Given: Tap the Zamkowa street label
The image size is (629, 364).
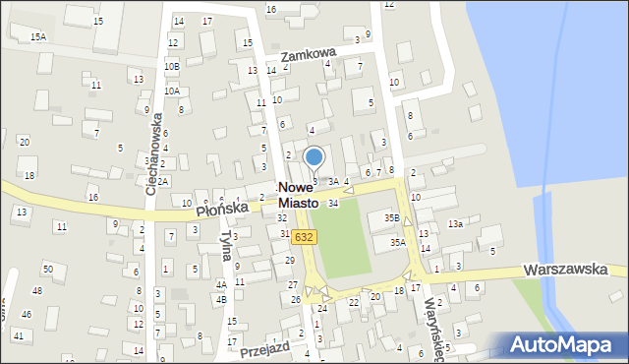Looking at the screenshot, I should (x=308, y=56).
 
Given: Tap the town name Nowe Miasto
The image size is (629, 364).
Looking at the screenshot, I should (x=298, y=194).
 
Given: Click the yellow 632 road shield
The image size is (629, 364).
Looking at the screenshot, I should (x=304, y=236).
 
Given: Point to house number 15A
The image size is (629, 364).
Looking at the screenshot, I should (x=37, y=36).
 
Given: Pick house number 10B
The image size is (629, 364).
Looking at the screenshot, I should (x=171, y=66).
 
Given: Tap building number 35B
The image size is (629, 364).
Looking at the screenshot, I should (x=391, y=217).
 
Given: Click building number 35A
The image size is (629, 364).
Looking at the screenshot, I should (x=397, y=241).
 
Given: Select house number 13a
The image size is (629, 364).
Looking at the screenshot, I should (x=455, y=224).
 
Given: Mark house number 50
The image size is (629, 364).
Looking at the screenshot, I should (x=47, y=269).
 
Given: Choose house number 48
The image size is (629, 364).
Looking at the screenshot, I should (x=37, y=290).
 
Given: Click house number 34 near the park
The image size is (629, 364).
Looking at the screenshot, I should (x=333, y=203).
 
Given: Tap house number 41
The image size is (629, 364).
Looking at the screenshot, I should (x=18, y=335).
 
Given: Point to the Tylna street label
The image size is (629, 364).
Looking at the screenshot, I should (x=227, y=246).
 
